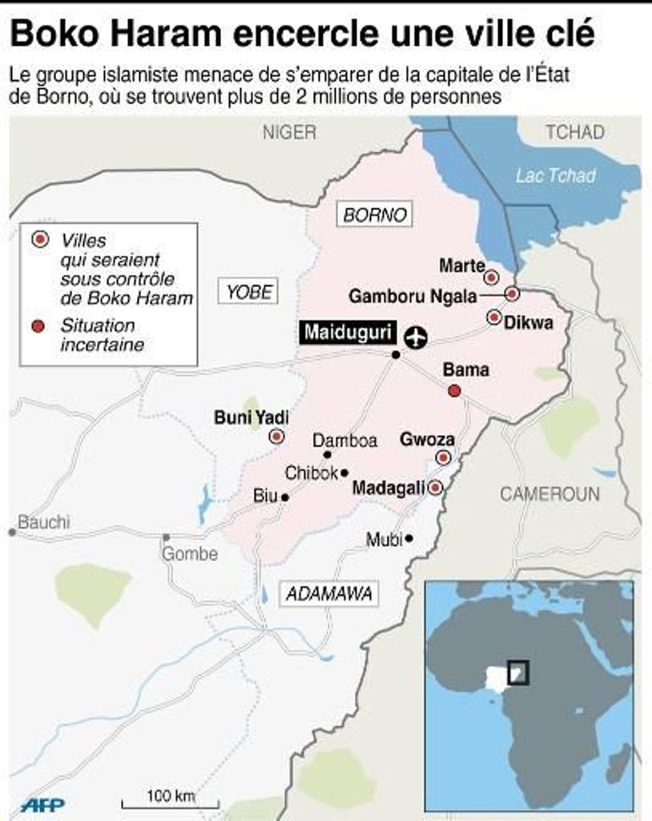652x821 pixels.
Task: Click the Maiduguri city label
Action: click(347, 333)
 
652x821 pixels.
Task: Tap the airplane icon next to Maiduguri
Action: click(415, 336)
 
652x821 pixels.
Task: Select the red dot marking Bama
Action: click(454, 391)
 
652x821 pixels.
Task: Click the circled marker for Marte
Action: click(490, 277)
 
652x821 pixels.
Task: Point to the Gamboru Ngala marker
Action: click(511, 294)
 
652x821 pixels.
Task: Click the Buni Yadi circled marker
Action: click(276, 437)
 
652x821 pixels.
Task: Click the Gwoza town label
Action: click(427, 440)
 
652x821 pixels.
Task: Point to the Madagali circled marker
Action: click(435, 488)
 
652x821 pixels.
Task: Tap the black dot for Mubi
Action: click(409, 538)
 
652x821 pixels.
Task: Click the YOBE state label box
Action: click(249, 292)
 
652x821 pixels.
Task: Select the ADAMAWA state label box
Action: click(329, 594)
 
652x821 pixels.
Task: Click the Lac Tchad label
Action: click(555, 176)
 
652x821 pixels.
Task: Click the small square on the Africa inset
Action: click(517, 672)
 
